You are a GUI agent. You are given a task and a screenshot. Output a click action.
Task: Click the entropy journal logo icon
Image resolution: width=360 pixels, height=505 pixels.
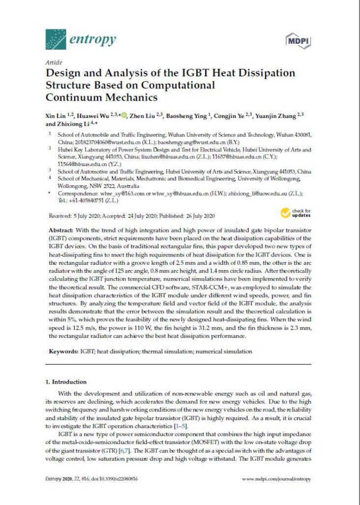pyautogui.click(x=55, y=38)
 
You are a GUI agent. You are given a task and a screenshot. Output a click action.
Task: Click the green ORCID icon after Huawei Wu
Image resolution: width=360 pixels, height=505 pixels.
pyautogui.click(x=125, y=115)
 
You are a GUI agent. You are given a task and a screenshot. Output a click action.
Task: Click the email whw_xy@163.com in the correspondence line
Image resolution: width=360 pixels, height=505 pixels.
pyautogui.click(x=111, y=194)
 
